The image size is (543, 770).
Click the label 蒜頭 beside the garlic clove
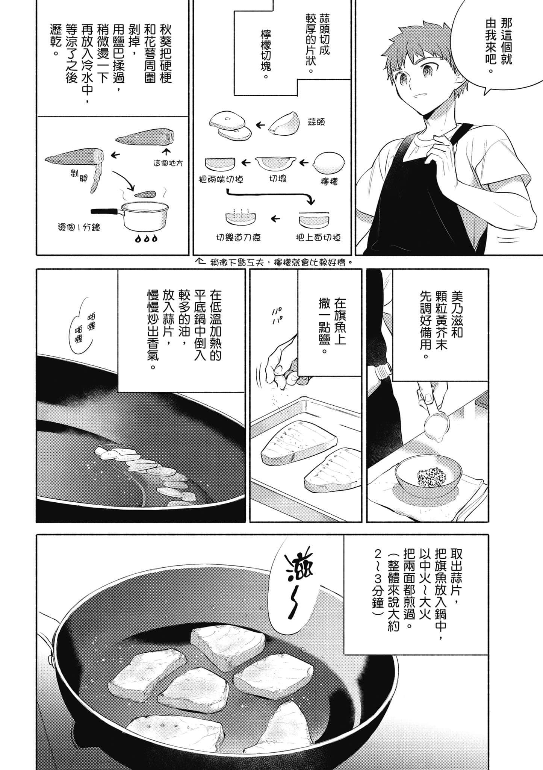point(316,122)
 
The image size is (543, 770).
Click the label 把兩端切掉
point(221,179)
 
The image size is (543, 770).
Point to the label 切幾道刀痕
point(238,238)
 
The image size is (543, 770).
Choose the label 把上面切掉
point(318,238)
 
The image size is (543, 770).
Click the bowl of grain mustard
point(428,476)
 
